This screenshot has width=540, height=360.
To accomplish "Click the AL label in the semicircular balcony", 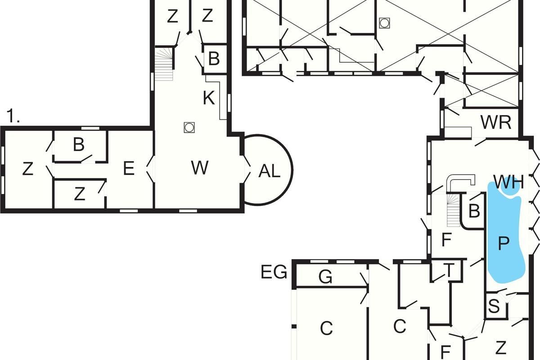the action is (269, 171).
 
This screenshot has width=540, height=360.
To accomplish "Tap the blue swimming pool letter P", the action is (504, 243).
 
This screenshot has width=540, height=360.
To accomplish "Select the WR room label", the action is (496, 122).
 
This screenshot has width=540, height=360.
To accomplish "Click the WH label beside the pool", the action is (508, 182).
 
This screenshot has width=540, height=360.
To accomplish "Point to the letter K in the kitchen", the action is (209, 98).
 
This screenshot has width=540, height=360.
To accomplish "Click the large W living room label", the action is (200, 168).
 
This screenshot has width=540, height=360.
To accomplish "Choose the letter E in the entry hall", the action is (129, 168).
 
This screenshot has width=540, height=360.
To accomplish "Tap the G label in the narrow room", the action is (325, 277).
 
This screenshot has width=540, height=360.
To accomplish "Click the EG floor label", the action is (274, 272).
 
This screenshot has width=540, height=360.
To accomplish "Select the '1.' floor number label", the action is (13, 116).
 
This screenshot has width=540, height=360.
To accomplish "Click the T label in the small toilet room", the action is (449, 270).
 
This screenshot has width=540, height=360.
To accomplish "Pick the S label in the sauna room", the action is (494, 306).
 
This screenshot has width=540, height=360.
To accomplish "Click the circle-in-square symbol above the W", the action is (189, 127).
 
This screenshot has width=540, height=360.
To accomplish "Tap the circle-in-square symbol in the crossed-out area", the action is (384, 23).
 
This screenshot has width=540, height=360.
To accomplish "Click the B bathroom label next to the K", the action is (214, 58).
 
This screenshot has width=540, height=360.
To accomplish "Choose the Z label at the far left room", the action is (27, 169).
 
